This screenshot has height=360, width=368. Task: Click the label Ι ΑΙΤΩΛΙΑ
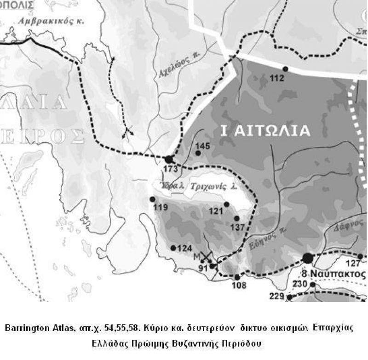(x=265, y=131)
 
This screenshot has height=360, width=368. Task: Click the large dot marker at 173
(x=169, y=159)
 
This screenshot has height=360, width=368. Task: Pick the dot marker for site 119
(x=152, y=199)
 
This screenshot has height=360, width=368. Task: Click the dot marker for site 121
(x=226, y=204)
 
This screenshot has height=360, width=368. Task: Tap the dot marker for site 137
(x=236, y=218)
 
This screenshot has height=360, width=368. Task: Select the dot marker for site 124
(x=173, y=248)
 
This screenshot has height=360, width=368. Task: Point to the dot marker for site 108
(x=237, y=277)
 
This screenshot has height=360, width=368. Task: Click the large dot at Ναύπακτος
(x=307, y=258)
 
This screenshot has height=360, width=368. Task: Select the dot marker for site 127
(x=360, y=256)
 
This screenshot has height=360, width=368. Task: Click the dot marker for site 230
(x=313, y=285)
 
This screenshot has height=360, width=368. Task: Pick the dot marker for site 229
(x=289, y=297)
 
